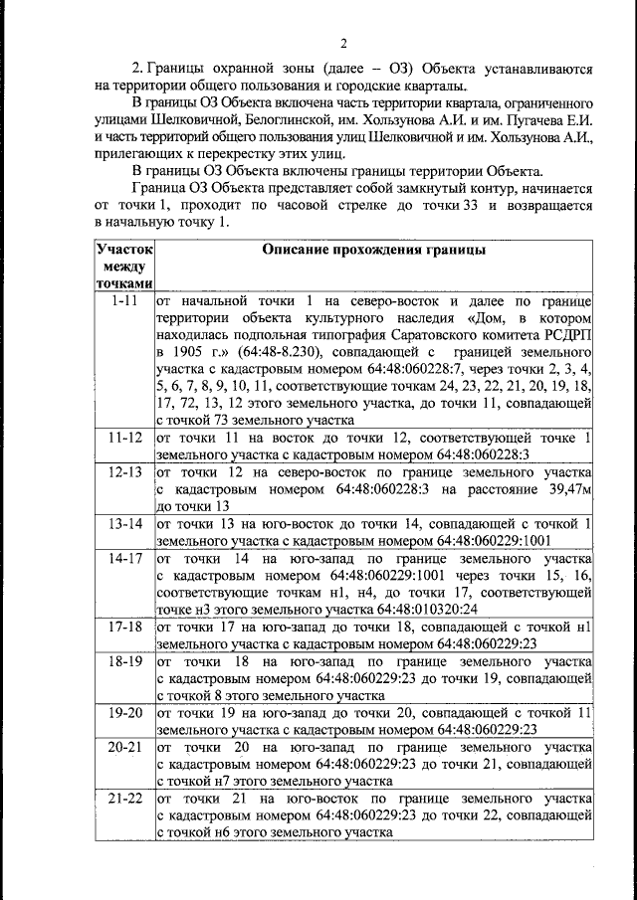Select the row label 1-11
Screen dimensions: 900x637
pos(124,299)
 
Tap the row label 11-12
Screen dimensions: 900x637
pos(124,438)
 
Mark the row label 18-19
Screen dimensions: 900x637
pos(124,660)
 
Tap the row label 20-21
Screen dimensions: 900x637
pos(124,746)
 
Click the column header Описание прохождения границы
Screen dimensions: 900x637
pos(373,251)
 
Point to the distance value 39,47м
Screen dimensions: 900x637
pos(569,489)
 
